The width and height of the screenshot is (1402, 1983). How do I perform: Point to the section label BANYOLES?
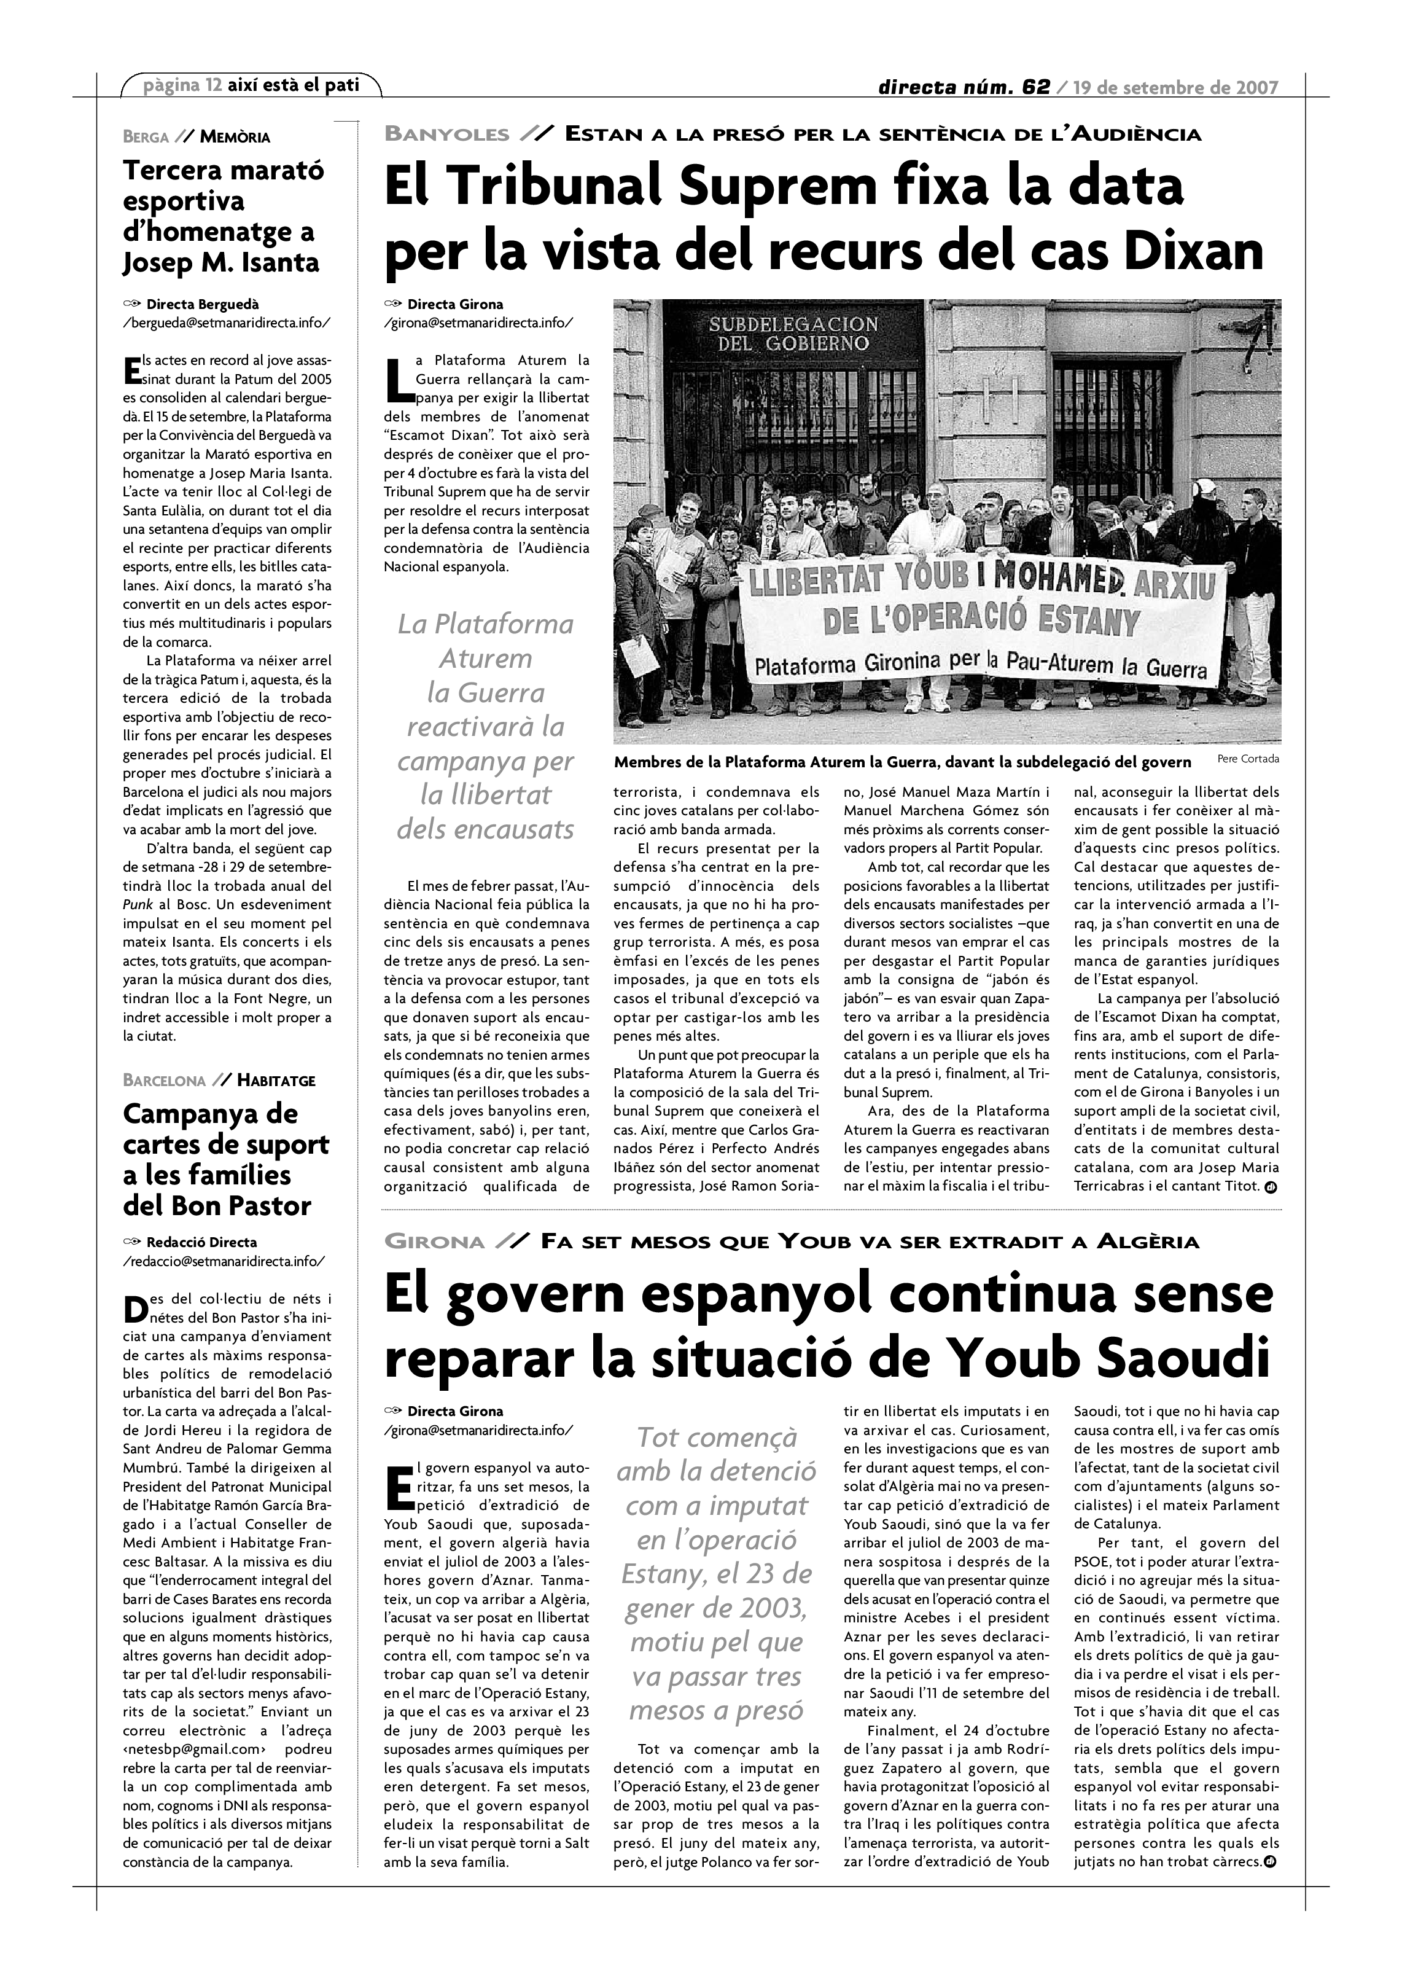coord(447,134)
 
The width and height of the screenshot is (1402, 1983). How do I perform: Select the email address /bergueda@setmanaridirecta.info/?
coord(227,323)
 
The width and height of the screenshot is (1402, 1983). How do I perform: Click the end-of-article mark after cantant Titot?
coord(1270,1187)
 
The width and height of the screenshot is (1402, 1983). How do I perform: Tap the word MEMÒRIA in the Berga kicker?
coord(235,136)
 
